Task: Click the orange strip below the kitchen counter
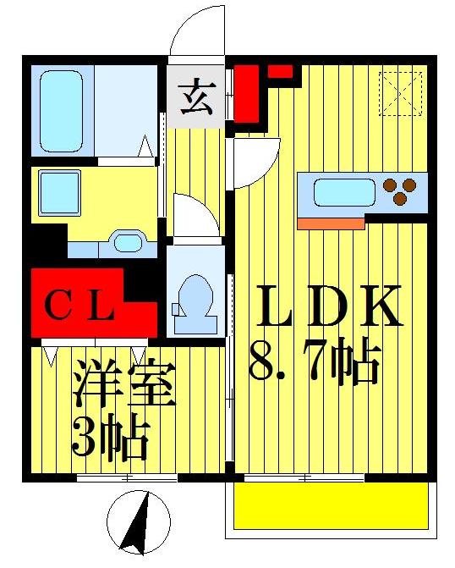(x=331, y=223)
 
